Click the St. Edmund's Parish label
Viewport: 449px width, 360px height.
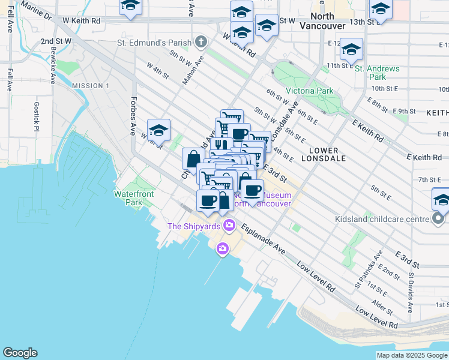(x=153, y=43)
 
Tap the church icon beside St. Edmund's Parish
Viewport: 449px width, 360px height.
(x=200, y=43)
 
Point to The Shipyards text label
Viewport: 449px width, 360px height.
(x=193, y=226)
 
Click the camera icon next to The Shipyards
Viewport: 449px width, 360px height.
(x=228, y=226)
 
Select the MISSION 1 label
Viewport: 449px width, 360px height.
(x=91, y=86)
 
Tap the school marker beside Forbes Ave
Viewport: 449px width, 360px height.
(x=158, y=130)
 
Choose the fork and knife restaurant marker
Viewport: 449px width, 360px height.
(x=221, y=145)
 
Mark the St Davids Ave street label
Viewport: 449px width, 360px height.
(x=411, y=293)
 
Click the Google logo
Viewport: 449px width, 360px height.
(x=20, y=353)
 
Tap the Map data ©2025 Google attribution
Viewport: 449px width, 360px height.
(x=411, y=355)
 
